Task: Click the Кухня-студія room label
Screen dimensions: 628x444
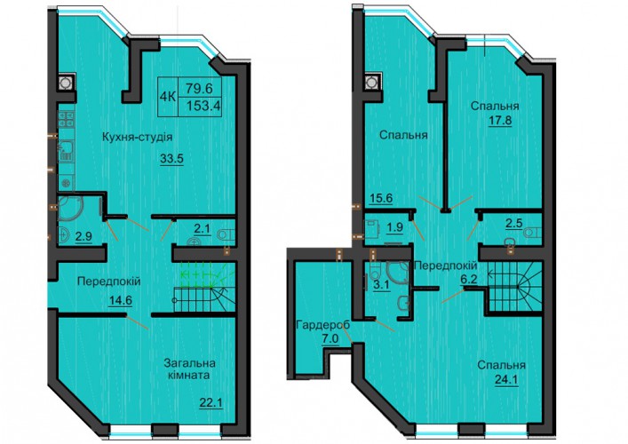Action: pyautogui.click(x=138, y=138)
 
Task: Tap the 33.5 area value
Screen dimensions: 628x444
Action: pyautogui.click(x=171, y=159)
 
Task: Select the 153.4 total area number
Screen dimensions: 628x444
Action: pyautogui.click(x=204, y=106)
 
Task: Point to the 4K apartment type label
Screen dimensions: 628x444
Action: pyautogui.click(x=168, y=97)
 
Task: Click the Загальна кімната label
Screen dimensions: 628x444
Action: pyautogui.click(x=190, y=369)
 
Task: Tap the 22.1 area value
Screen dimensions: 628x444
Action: pyautogui.click(x=211, y=402)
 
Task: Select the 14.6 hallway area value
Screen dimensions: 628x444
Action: pyautogui.click(x=121, y=300)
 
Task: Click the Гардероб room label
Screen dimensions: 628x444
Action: pyautogui.click(x=322, y=325)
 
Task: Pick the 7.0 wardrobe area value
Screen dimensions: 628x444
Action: pyautogui.click(x=330, y=339)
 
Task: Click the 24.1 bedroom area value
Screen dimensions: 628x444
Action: pyautogui.click(x=506, y=379)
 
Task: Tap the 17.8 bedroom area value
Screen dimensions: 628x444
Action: pyautogui.click(x=500, y=121)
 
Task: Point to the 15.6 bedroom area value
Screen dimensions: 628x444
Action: pyautogui.click(x=380, y=199)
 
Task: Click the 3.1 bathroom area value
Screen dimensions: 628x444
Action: pyautogui.click(x=381, y=286)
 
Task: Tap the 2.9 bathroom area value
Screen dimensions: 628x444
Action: pyautogui.click(x=83, y=236)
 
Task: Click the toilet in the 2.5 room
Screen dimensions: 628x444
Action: pyautogui.click(x=534, y=232)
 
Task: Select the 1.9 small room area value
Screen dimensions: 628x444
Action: pyautogui.click(x=395, y=227)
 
